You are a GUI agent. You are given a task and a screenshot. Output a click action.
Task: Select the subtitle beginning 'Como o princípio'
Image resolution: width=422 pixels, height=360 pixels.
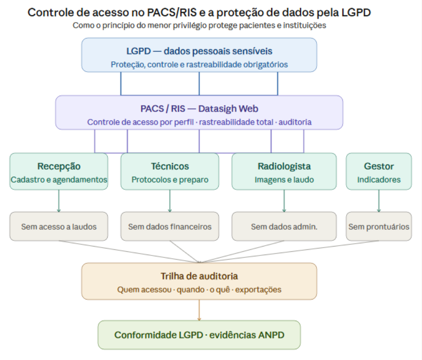point(199,25)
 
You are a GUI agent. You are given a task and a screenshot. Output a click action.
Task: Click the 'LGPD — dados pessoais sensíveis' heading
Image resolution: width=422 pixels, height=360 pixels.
point(199,51)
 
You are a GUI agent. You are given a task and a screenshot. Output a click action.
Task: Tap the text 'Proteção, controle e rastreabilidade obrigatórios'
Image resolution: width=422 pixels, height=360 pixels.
point(199,65)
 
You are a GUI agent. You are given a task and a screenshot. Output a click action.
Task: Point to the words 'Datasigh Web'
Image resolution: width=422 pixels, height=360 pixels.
point(228,108)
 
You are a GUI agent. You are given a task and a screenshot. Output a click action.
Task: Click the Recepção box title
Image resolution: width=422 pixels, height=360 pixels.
point(59,166)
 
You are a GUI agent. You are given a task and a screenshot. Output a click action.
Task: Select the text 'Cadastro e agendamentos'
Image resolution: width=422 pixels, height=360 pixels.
point(59,180)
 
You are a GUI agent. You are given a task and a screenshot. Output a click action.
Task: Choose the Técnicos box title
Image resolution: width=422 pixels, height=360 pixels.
point(170,166)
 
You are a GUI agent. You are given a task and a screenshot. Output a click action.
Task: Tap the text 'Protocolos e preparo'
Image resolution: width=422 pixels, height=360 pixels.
point(170,180)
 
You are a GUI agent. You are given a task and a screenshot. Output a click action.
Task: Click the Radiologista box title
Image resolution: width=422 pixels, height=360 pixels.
point(284,166)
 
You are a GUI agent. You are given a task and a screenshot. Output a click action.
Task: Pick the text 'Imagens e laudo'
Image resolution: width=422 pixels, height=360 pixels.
point(284,180)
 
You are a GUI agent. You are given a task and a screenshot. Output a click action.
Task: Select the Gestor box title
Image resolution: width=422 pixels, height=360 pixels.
point(379,166)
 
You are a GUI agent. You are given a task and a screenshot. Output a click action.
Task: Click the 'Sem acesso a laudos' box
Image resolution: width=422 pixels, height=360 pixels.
point(59,226)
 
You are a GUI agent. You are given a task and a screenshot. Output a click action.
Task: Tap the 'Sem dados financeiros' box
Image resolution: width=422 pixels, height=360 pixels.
point(170,226)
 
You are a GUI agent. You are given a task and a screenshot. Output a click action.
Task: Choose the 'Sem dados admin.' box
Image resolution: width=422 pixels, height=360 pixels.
point(284,226)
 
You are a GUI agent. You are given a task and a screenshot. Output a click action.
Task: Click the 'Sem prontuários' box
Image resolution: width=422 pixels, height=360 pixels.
point(379,226)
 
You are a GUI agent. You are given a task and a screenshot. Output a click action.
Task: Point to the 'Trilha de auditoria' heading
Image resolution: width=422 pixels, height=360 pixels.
point(199,276)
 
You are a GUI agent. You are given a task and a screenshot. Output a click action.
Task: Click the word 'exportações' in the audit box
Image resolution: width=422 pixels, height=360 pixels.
point(259,290)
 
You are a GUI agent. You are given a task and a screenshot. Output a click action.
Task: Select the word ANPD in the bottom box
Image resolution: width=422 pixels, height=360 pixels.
point(271,335)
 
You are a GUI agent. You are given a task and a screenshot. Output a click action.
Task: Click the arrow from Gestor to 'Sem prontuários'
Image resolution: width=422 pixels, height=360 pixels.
point(379,201)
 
